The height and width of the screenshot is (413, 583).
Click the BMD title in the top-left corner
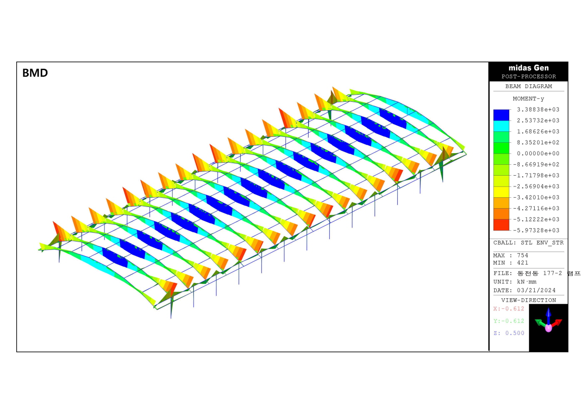tap(35, 73)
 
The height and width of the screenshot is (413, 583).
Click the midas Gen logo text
tap(528, 68)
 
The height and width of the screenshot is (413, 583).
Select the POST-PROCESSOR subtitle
tap(528, 77)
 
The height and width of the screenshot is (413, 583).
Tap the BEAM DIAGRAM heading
tap(528, 86)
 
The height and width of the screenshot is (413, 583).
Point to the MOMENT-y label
tap(528, 99)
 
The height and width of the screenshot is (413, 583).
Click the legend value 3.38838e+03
tap(538, 109)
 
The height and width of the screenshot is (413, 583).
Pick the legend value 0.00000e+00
tap(538, 154)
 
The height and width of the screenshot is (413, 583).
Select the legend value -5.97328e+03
tap(536, 230)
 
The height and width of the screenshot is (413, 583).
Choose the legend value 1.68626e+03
tap(538, 131)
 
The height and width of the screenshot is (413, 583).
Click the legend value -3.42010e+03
tap(536, 197)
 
